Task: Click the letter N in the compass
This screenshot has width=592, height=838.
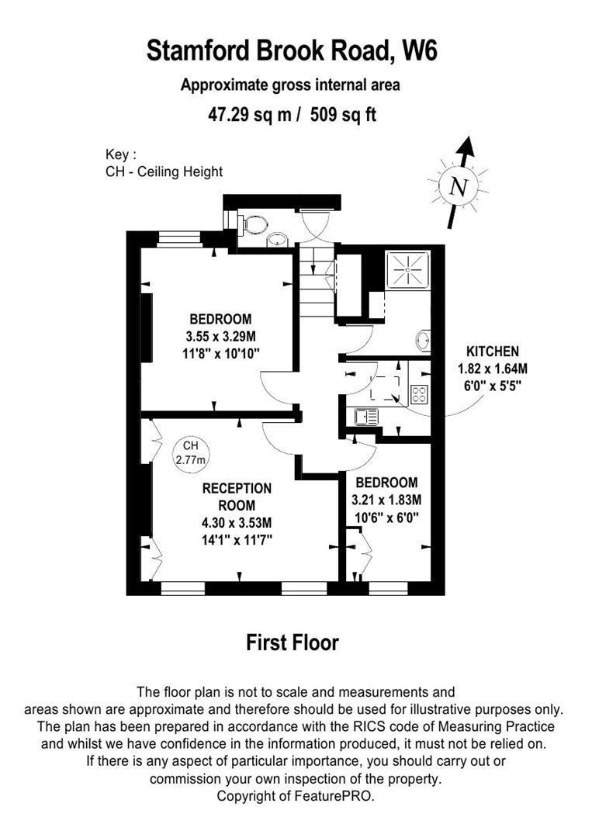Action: click(x=459, y=187)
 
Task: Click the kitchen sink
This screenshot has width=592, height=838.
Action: click(x=365, y=417)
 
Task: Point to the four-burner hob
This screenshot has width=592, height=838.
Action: click(x=418, y=394)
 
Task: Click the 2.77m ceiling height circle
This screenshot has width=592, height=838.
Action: click(x=191, y=453)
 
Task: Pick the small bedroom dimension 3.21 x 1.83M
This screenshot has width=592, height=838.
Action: click(x=386, y=499)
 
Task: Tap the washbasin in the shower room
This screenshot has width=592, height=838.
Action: click(x=423, y=340)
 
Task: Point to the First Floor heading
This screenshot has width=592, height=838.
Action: click(x=293, y=642)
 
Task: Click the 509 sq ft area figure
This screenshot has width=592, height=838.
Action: click(x=344, y=115)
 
